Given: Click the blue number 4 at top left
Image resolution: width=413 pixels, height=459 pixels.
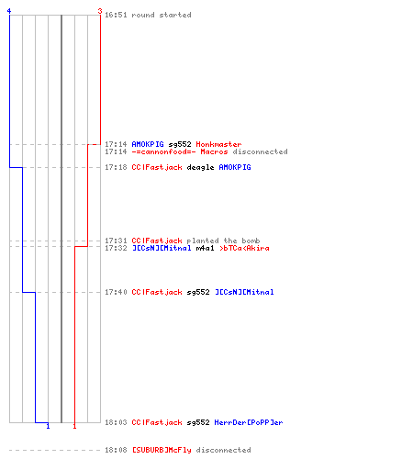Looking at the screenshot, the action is (9, 11).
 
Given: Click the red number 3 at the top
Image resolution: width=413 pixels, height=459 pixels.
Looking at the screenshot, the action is (100, 11).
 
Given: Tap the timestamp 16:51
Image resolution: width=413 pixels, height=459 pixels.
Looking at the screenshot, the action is (116, 15).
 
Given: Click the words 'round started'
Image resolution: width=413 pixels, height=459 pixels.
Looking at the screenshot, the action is (162, 15).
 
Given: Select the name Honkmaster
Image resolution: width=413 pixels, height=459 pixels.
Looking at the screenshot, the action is (218, 144).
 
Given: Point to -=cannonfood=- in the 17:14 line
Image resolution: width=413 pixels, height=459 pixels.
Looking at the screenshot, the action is (163, 151).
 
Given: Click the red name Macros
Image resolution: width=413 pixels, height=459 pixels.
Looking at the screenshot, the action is (214, 151).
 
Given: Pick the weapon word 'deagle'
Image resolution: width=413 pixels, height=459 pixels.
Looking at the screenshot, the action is (200, 167).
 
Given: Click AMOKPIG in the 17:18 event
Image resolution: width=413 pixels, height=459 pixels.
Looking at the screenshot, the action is (235, 167).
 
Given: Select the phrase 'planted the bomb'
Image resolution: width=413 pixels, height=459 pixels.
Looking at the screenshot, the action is (223, 241).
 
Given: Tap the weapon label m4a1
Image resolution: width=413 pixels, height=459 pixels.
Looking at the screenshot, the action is (205, 248).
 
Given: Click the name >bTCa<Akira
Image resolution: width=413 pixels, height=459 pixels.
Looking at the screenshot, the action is (244, 248).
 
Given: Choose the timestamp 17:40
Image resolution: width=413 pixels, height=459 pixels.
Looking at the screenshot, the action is (116, 292).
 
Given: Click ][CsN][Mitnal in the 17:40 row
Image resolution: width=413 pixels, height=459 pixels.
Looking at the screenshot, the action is (244, 292).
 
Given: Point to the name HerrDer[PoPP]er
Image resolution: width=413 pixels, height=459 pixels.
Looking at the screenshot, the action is (249, 422).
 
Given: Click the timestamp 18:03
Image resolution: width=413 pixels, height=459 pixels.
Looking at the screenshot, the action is (116, 422).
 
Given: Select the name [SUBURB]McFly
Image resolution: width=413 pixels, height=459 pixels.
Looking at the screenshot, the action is (162, 450).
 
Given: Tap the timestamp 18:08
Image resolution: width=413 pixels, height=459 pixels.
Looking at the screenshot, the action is (116, 450).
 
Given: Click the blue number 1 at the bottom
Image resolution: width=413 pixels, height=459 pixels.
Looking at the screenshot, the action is (48, 426).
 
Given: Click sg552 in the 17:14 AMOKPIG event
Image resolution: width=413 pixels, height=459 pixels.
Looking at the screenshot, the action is (180, 144).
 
